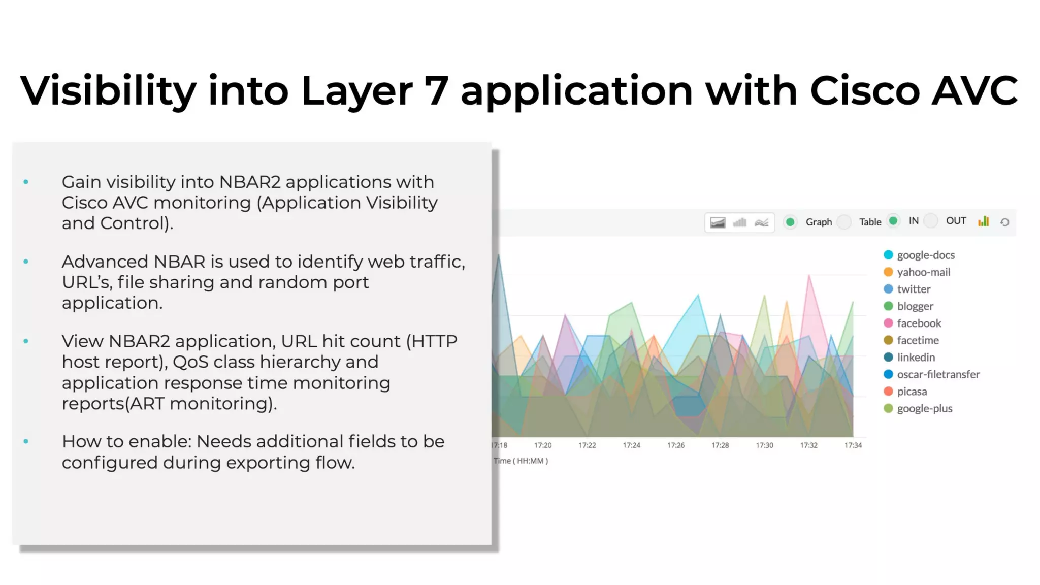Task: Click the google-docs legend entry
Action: pos(925,255)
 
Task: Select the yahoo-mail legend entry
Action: pos(923,272)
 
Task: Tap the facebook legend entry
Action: pos(918,323)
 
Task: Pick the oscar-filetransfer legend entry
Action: pos(937,375)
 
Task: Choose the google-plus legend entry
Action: pos(924,409)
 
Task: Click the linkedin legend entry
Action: pos(915,357)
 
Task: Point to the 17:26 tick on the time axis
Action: pos(675,445)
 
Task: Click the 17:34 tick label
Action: pos(853,445)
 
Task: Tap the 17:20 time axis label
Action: pos(542,445)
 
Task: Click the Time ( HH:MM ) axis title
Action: pos(521,461)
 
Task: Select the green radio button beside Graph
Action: pos(790,222)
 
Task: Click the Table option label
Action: pos(870,222)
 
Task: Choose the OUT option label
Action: pos(956,221)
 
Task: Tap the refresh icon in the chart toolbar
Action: pos(1004,222)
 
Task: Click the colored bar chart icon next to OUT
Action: pos(984,221)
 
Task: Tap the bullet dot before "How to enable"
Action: pos(26,442)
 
